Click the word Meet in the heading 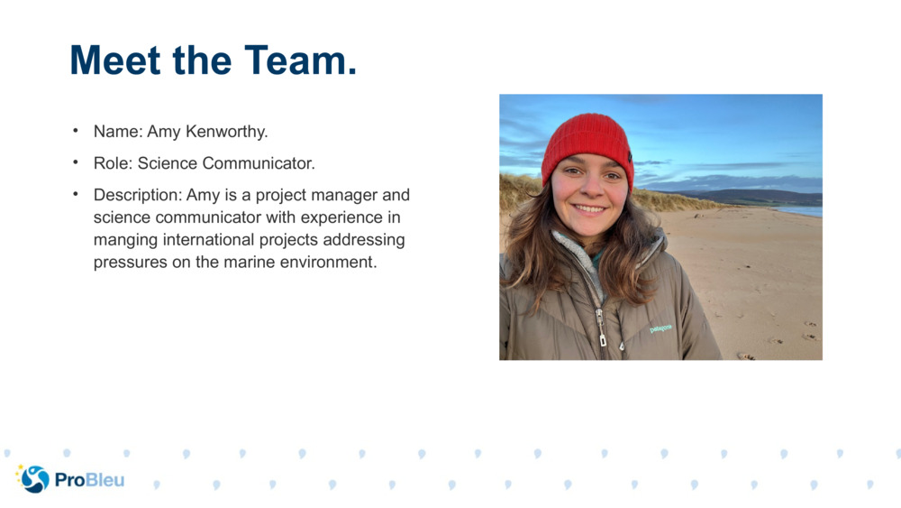click(114, 60)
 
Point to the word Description click(134, 195)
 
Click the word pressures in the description click(128, 263)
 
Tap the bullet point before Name click(77, 132)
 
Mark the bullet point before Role click(77, 163)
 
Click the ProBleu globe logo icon click(34, 478)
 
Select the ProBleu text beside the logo click(89, 480)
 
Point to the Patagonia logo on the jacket click(661, 328)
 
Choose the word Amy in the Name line click(164, 132)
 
